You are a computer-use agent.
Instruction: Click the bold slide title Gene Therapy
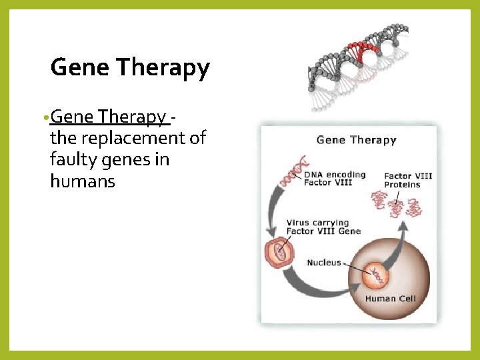pyautogui.click(x=130, y=67)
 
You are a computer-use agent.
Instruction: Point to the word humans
pyautogui.click(x=82, y=181)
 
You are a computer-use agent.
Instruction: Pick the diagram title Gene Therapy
pyautogui.click(x=356, y=140)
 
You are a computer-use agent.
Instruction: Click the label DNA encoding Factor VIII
pyautogui.click(x=335, y=179)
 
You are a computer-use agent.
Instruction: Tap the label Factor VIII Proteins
pyautogui.click(x=407, y=180)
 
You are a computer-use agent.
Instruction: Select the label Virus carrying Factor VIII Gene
pyautogui.click(x=323, y=227)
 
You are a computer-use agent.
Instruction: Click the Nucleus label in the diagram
pyautogui.click(x=323, y=263)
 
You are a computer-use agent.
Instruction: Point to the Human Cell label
pyautogui.click(x=389, y=299)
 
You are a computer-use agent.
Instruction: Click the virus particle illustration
pyautogui.click(x=279, y=253)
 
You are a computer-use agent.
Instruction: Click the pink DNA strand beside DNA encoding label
pyautogui.click(x=291, y=172)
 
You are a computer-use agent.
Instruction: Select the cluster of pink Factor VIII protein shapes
pyautogui.click(x=397, y=205)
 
